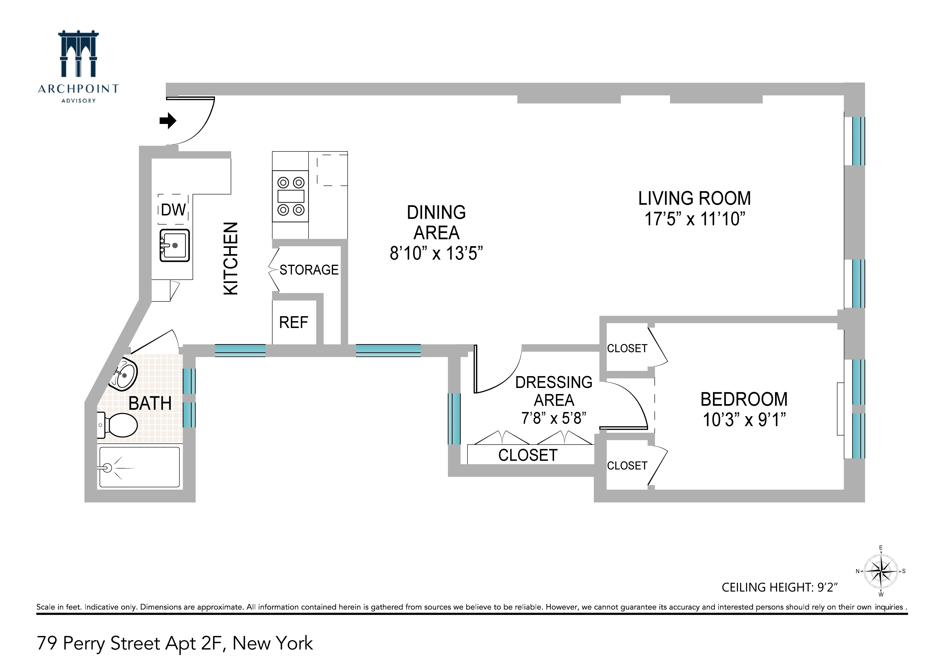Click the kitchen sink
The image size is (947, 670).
(x=175, y=246)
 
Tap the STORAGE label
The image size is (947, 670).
(x=309, y=270)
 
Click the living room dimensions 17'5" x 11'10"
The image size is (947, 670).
(x=694, y=219)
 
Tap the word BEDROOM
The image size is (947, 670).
(x=744, y=399)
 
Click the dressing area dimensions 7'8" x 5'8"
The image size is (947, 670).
(x=554, y=418)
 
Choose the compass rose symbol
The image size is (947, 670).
(x=881, y=571)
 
